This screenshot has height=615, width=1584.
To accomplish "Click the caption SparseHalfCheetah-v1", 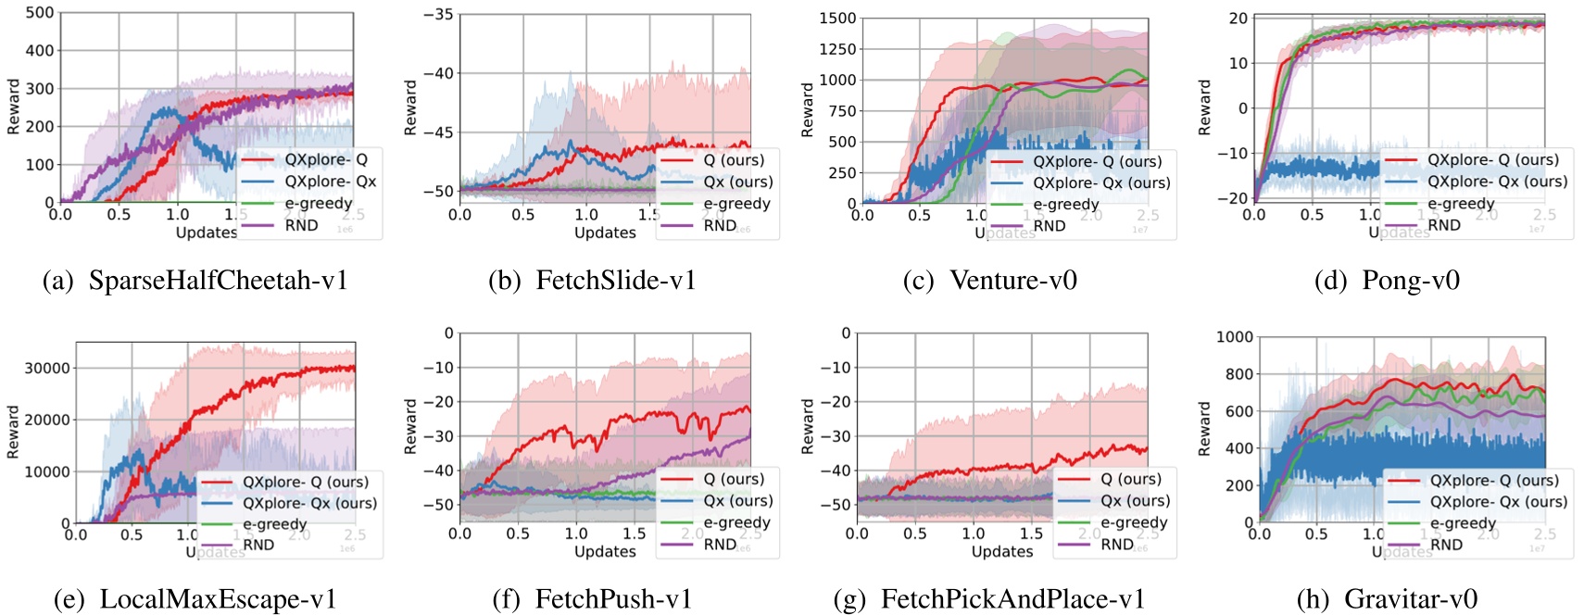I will pyautogui.click(x=218, y=281).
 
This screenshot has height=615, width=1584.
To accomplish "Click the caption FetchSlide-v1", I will pyautogui.click(x=615, y=281).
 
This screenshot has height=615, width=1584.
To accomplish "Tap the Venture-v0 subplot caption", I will pyautogui.click(x=1012, y=281).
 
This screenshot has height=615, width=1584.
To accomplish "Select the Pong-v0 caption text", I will pyautogui.click(x=1410, y=281).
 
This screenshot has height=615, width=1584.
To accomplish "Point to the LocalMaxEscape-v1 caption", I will pyautogui.click(x=218, y=599).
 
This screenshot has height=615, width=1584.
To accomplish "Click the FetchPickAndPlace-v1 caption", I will pyautogui.click(x=1012, y=599).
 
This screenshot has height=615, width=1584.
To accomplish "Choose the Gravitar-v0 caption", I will pyautogui.click(x=1410, y=599).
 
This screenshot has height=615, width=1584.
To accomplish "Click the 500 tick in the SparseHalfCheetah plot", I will pyautogui.click(x=39, y=13).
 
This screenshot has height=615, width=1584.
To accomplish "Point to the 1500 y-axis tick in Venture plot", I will pyautogui.click(x=837, y=19).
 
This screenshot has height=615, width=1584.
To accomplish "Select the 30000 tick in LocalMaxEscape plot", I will pyautogui.click(x=47, y=368).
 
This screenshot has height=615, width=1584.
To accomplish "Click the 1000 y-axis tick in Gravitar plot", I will pyautogui.click(x=1234, y=337).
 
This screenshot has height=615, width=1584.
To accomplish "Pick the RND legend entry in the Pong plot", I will pyautogui.click(x=1443, y=225).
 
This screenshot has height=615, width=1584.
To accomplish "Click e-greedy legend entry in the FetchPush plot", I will pyautogui.click(x=735, y=522).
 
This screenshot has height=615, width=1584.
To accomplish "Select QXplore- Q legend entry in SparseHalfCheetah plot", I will pyautogui.click(x=325, y=159).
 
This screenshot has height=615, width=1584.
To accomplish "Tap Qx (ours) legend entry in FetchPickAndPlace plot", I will pyautogui.click(x=1134, y=501).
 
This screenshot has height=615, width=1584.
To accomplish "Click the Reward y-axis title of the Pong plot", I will pyautogui.click(x=1205, y=107).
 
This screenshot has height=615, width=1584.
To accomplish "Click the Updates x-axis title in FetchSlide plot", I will pyautogui.click(x=604, y=232).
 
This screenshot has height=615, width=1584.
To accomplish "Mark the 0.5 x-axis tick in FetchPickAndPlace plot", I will pyautogui.click(x=914, y=533).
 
